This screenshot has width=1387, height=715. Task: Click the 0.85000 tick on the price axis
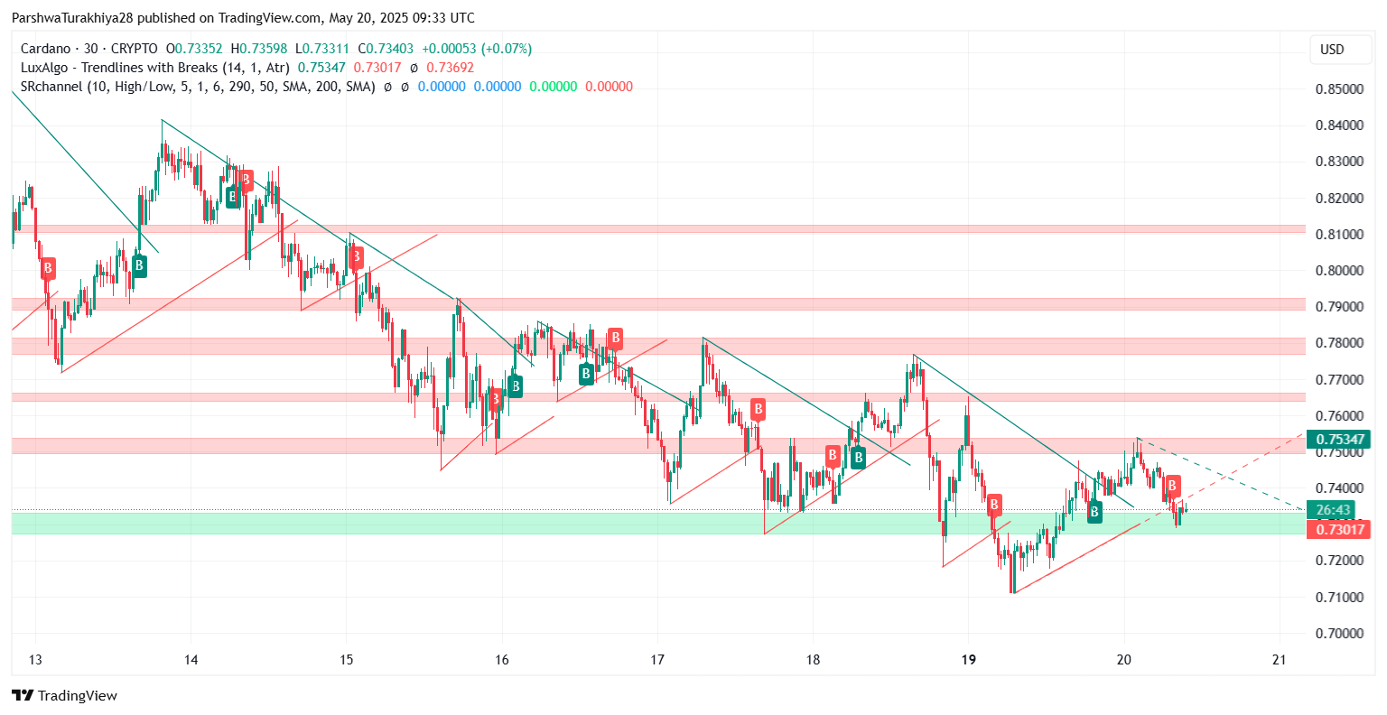pyautogui.click(x=1339, y=89)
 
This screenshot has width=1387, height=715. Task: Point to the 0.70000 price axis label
pyautogui.click(x=1339, y=633)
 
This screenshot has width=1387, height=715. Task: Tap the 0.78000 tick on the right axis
pyautogui.click(x=1339, y=343)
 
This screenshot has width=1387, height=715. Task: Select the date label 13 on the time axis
pyautogui.click(x=35, y=660)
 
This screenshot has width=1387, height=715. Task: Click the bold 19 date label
pyautogui.click(x=968, y=660)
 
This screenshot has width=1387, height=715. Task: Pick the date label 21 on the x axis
pyautogui.click(x=1279, y=660)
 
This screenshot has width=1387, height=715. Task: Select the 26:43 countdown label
pyautogui.click(x=1334, y=510)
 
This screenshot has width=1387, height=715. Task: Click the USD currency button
pyautogui.click(x=1332, y=50)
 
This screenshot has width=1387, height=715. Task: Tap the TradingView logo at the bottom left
pyautogui.click(x=64, y=695)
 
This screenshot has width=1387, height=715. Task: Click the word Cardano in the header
pyautogui.click(x=45, y=49)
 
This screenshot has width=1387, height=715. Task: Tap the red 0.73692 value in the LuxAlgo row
pyautogui.click(x=450, y=68)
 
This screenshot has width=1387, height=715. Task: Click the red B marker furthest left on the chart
pyautogui.click(x=48, y=268)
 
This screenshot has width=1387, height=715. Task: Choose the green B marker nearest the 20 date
pyautogui.click(x=1094, y=512)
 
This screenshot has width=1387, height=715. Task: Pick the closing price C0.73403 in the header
pyautogui.click(x=386, y=49)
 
